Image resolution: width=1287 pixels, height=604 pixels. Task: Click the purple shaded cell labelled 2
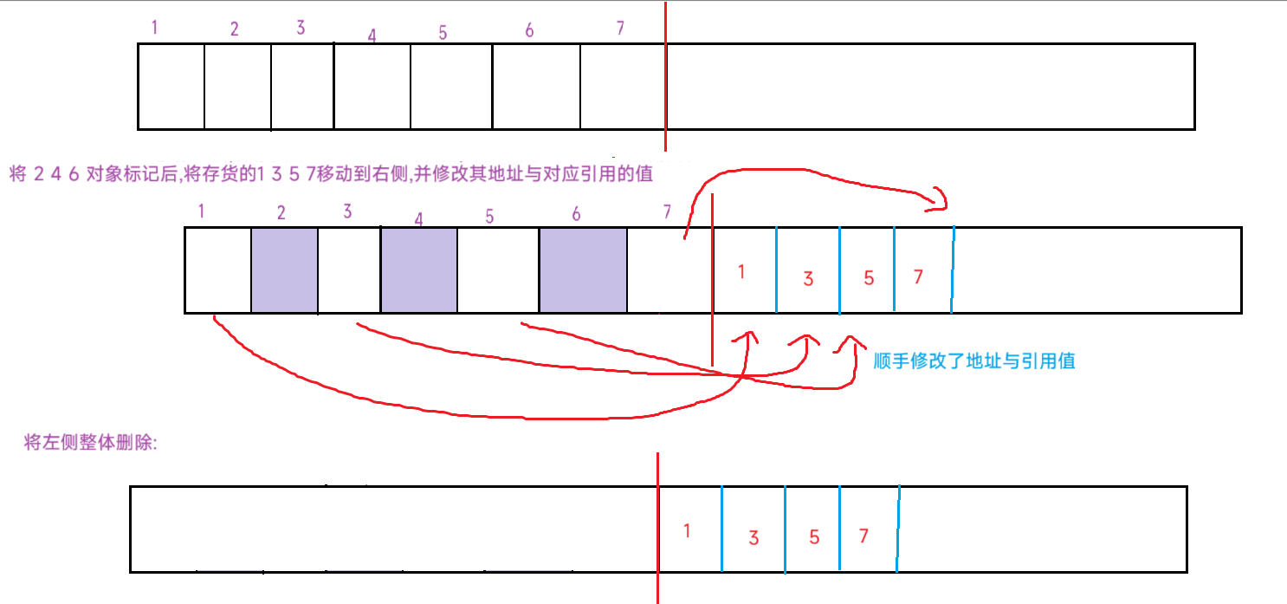tap(284, 270)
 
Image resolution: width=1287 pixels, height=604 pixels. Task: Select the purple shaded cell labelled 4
tap(418, 270)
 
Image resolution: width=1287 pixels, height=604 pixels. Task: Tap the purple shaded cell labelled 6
tap(582, 270)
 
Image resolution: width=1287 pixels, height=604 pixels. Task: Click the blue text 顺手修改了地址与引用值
tap(974, 361)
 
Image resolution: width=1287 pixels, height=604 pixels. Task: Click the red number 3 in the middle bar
tap(808, 278)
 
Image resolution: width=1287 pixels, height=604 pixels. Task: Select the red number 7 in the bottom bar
tap(863, 536)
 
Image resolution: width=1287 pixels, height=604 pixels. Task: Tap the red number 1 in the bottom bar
tap(687, 531)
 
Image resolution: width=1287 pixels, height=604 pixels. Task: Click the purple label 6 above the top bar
tap(529, 31)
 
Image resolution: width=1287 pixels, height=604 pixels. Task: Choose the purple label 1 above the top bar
tap(154, 27)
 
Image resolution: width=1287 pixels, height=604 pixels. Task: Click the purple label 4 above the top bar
tap(372, 36)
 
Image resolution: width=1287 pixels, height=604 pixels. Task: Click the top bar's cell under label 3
tap(302, 87)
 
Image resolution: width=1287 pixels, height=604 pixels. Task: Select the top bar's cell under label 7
tap(623, 87)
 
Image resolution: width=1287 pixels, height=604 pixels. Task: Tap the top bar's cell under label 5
tap(450, 87)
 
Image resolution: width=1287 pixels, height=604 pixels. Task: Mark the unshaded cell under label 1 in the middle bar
tap(217, 270)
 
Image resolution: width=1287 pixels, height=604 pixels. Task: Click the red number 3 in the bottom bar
tap(753, 538)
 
